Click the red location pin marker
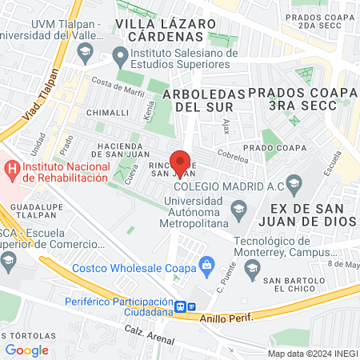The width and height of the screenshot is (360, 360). [181, 161]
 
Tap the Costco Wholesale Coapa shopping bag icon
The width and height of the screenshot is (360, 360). [206, 263]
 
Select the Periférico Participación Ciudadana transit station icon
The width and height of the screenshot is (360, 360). [182, 306]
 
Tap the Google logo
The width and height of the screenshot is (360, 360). [26, 350]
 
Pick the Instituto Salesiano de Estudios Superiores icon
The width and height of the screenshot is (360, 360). [121, 57]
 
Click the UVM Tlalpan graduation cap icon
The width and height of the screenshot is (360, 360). [84, 53]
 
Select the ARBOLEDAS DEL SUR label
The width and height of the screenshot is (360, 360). [203, 99]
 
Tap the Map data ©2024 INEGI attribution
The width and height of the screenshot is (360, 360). [311, 353]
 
